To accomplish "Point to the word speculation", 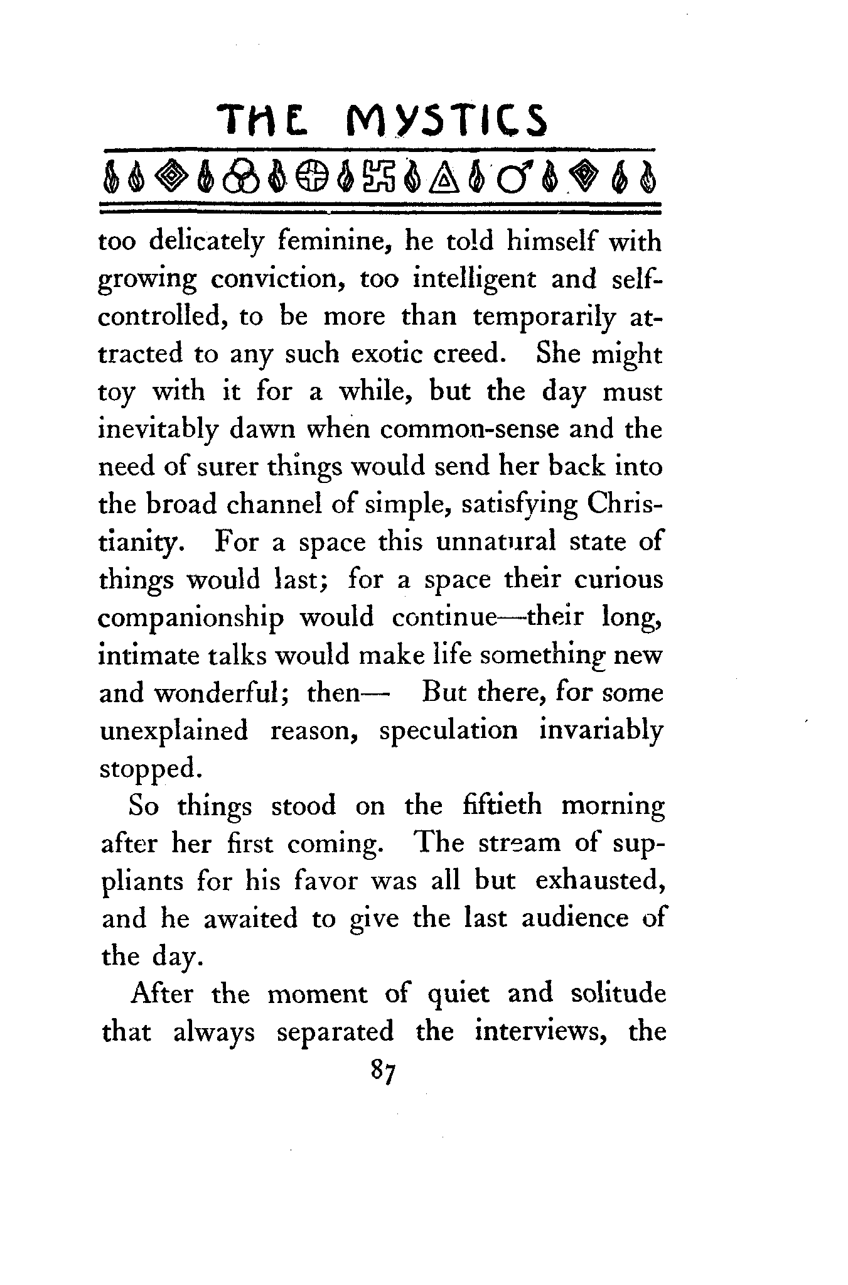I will click(x=449, y=731).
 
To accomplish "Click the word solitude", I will click(x=618, y=994).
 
